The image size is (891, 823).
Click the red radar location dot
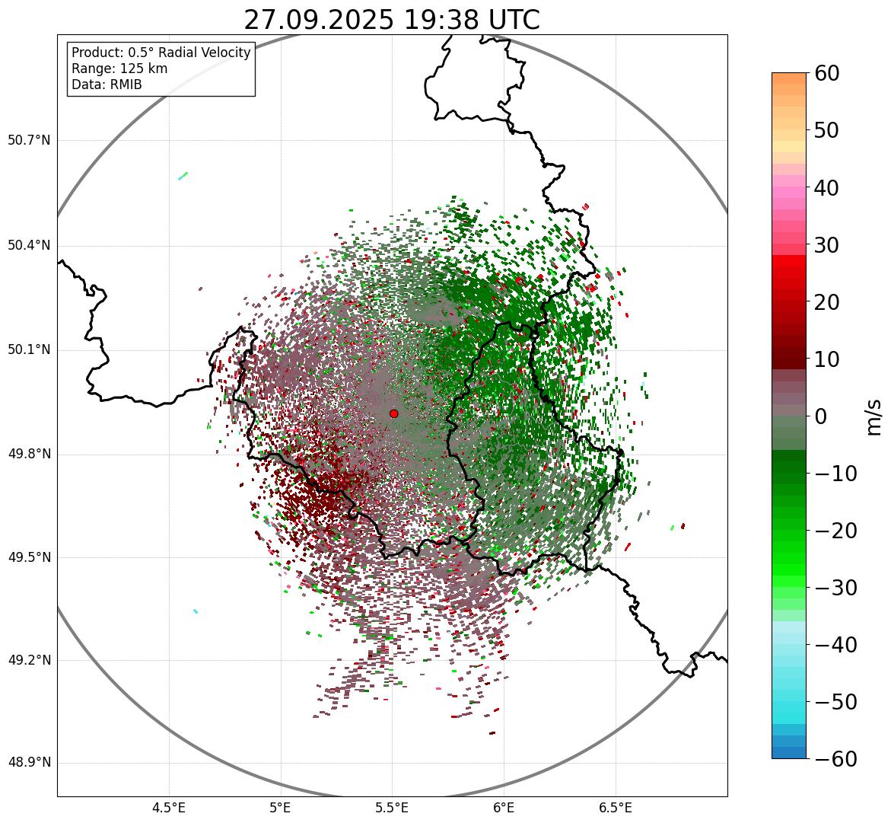pyautogui.click(x=393, y=413)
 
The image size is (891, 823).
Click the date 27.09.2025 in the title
pyautogui.click(x=318, y=20)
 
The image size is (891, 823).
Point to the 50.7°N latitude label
pyautogui.click(x=29, y=140)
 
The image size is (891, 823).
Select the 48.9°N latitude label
pyautogui.click(x=29, y=763)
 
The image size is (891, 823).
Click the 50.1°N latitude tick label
pyautogui.click(x=29, y=350)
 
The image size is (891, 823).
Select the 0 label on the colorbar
pyautogui.click(x=821, y=416)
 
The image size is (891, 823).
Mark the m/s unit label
pyautogui.click(x=874, y=416)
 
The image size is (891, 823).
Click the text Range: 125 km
pyautogui.click(x=119, y=69)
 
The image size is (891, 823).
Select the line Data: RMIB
pyautogui.click(x=107, y=85)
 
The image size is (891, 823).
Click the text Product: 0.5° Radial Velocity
pyautogui.click(x=161, y=53)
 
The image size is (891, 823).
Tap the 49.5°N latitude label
pyautogui.click(x=29, y=557)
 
